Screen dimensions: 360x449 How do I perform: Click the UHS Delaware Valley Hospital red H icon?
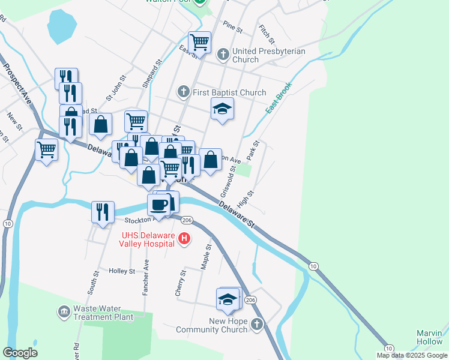(x=185, y=239)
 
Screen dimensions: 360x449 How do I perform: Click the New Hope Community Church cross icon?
(x=257, y=325)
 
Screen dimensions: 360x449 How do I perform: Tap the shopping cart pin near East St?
(x=199, y=43)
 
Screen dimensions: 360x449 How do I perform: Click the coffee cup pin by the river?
(x=160, y=204)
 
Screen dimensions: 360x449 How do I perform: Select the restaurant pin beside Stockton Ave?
(x=103, y=212)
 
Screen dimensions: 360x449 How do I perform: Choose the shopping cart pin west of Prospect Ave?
(x=46, y=149)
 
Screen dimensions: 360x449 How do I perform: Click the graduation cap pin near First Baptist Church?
(x=222, y=109)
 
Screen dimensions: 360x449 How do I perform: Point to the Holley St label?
(x=122, y=271)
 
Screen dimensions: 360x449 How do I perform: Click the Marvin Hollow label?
(x=430, y=337)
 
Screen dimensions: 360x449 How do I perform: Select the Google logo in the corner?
(x=20, y=352)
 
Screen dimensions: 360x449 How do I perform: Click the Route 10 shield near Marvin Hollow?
(x=389, y=348)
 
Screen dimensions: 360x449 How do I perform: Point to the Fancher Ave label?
(x=146, y=278)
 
